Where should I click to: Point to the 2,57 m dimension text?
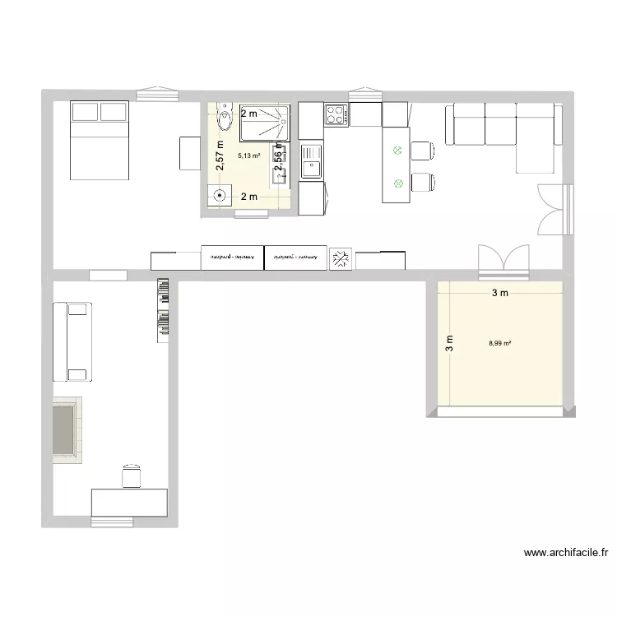click(x=220, y=155)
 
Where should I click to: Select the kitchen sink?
click(x=311, y=161)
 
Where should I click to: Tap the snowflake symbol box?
click(x=340, y=259)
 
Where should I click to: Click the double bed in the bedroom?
click(x=100, y=140)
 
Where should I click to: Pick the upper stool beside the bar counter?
click(x=423, y=151)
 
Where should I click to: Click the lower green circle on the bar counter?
click(x=398, y=183)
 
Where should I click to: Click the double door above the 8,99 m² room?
click(x=502, y=258)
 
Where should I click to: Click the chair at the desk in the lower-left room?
click(x=132, y=476)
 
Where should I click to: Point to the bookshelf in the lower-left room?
click(x=163, y=309)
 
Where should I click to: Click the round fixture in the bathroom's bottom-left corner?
click(x=220, y=196)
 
